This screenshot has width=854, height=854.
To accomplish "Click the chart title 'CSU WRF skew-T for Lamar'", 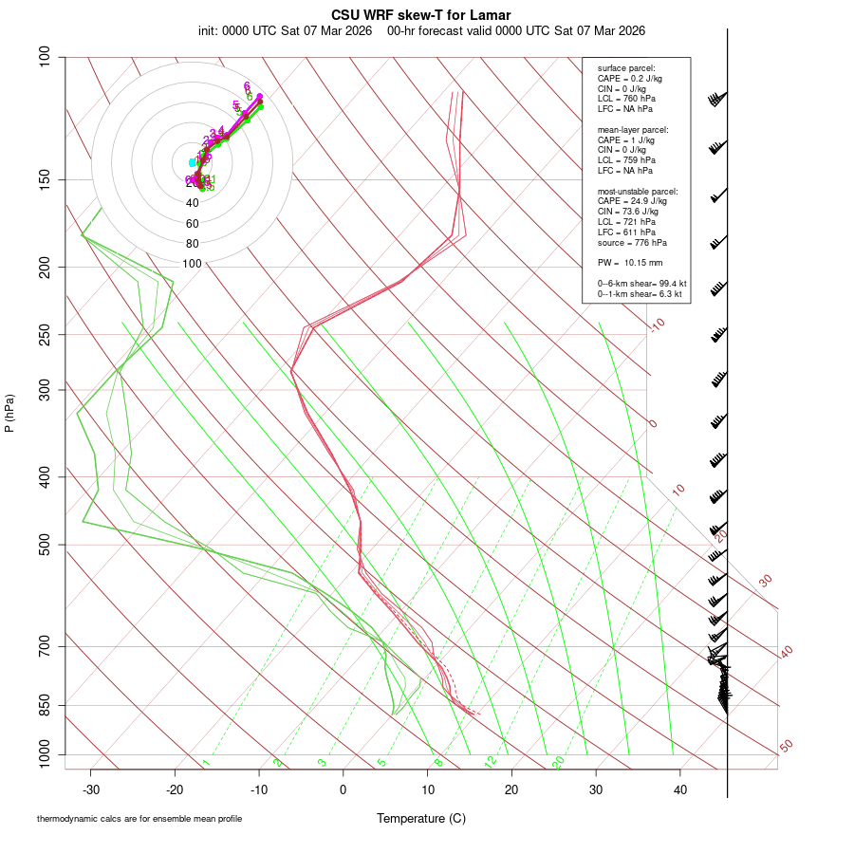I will point(421,15).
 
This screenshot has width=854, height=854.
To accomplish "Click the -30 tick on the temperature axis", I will point(91,789).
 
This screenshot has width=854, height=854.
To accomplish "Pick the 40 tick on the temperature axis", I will point(679,789).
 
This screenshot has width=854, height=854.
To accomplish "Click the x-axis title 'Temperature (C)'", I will point(421,818).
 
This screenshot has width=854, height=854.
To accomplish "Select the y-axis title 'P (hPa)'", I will point(9,413).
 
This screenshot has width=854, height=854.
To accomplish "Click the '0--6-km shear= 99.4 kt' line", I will point(642,284).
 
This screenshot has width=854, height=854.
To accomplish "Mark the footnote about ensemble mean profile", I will point(139,818).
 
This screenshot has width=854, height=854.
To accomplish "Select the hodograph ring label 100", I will point(193,264).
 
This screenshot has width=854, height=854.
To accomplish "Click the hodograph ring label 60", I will point(193,223).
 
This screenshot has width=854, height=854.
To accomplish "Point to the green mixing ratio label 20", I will point(559,762).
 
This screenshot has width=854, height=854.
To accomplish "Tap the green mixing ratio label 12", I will point(491,762).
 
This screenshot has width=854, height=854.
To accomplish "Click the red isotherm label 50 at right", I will point(786,747).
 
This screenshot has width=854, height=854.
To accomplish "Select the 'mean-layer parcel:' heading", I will point(633,130).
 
